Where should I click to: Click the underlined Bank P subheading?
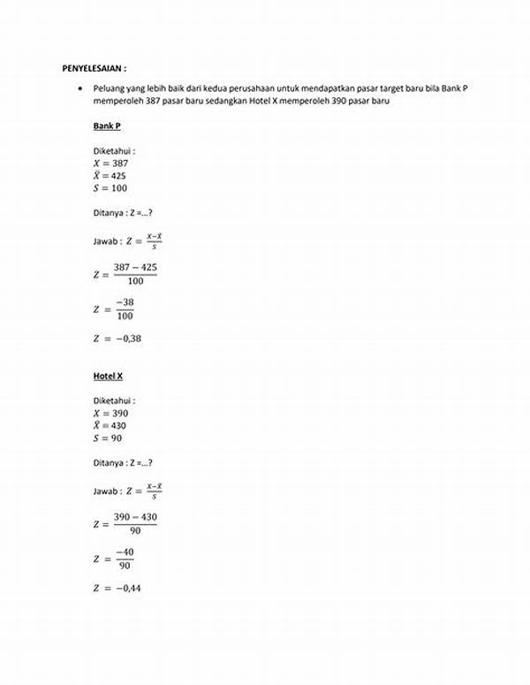pyautogui.click(x=107, y=126)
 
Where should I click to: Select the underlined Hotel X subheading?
pyautogui.click(x=109, y=376)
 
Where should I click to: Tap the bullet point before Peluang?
pyautogui.click(x=80, y=89)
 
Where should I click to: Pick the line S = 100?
pyautogui.click(x=110, y=188)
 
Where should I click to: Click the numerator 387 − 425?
pyautogui.click(x=135, y=267)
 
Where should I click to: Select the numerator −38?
pyautogui.click(x=125, y=301)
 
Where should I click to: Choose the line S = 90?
pyautogui.click(x=108, y=438)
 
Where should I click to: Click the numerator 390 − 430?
pyautogui.click(x=135, y=516)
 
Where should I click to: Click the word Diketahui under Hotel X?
pyautogui.click(x=113, y=400)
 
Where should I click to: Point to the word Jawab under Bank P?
pyautogui.click(x=105, y=240)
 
